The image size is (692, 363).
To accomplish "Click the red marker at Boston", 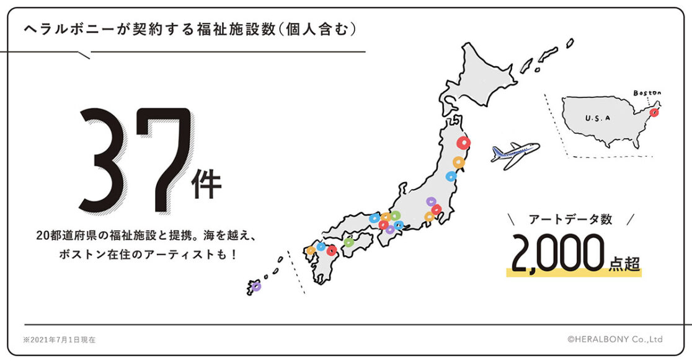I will tap(654, 113).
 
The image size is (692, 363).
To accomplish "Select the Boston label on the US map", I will tap(647, 93).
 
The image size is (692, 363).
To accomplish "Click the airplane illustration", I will tap(514, 152).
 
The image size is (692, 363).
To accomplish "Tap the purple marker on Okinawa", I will tap(257, 286).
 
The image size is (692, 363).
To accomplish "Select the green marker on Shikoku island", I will tap(349, 242).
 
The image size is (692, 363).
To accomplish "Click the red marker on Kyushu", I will tap(331, 250).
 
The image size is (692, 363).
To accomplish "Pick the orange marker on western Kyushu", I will tap(311, 251).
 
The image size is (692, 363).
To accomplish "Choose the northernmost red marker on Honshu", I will tap(463, 143).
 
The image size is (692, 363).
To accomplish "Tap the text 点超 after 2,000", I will tap(623, 263).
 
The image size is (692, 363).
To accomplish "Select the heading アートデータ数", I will tap(570, 219).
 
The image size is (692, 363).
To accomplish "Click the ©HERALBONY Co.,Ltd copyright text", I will tap(614, 339).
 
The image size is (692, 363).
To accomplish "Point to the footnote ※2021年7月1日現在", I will tap(59, 340).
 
